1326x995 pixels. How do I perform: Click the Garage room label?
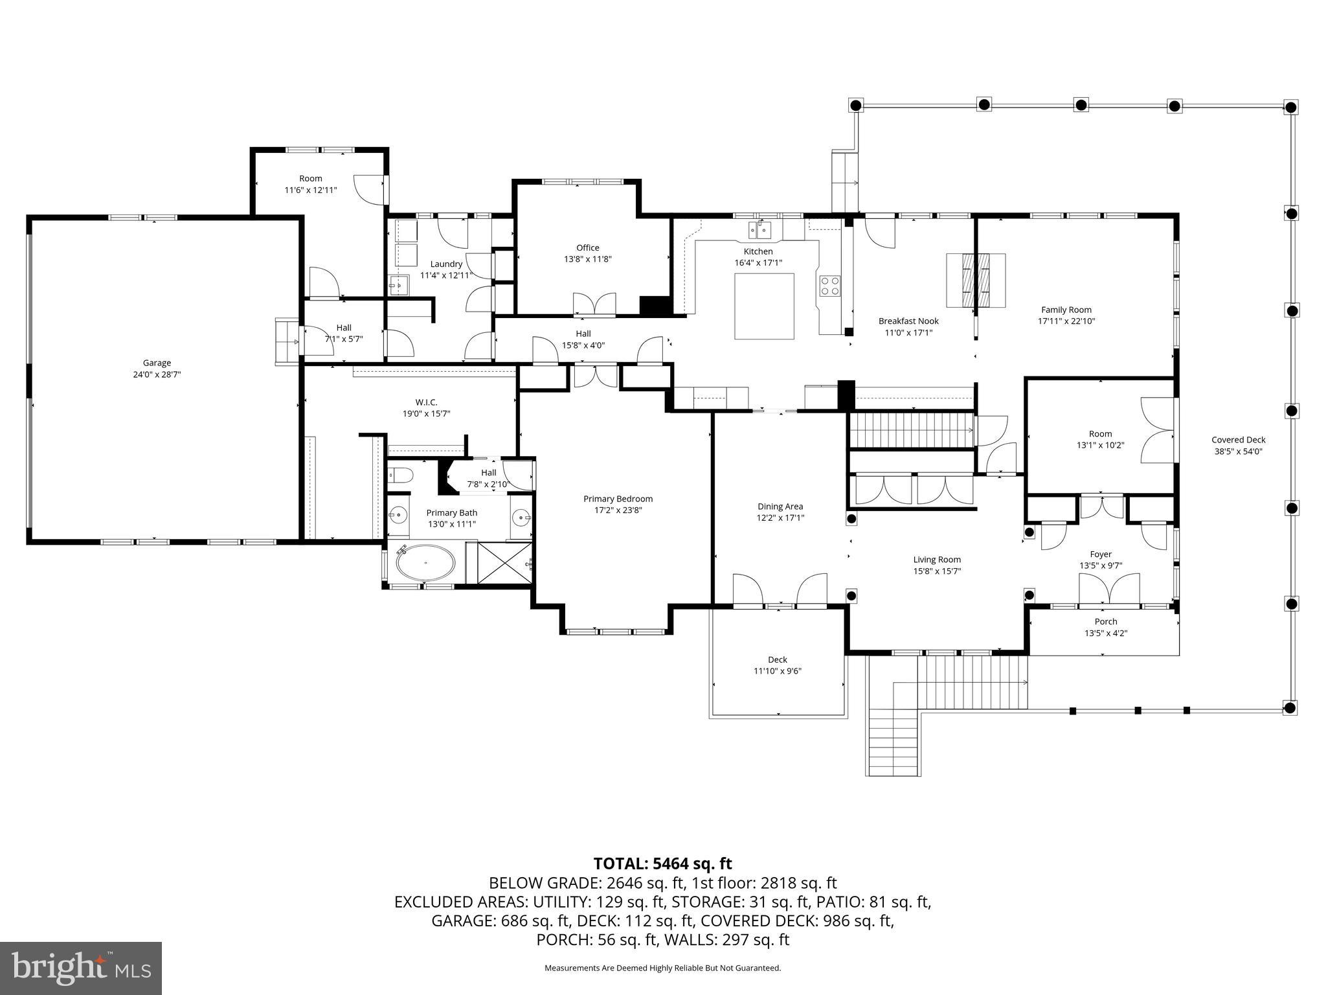[157, 363]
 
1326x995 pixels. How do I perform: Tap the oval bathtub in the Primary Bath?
[425, 563]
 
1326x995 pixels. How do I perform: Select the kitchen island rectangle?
[764, 306]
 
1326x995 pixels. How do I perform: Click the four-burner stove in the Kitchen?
[830, 286]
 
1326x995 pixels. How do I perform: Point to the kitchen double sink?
[760, 229]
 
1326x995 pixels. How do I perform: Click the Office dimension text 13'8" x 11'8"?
[587, 259]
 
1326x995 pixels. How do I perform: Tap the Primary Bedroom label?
[618, 499]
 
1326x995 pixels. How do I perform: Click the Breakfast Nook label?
[908, 321]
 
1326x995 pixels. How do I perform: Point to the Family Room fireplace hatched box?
[976, 280]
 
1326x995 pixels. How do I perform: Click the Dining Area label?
[780, 507]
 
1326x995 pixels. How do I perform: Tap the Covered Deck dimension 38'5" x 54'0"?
[1238, 452]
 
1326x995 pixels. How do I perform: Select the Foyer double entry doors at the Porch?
[1108, 590]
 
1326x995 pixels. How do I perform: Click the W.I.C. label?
[426, 402]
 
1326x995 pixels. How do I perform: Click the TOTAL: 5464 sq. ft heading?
[662, 863]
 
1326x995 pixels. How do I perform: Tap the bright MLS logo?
[81, 968]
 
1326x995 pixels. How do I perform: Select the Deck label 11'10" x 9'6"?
[777, 665]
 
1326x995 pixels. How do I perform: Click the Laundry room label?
[446, 264]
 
